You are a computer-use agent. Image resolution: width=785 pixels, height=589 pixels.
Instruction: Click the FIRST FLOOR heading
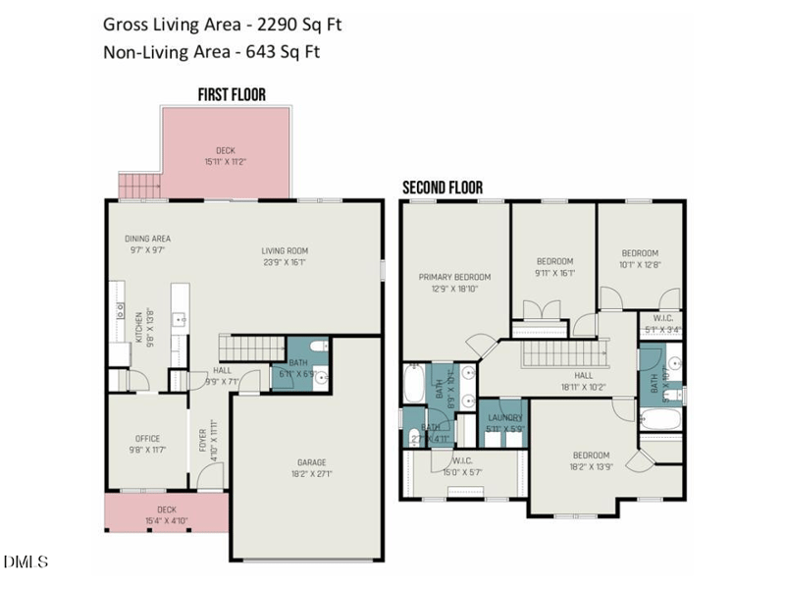(x=232, y=95)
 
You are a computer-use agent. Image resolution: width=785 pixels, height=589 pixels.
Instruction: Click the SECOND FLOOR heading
(x=443, y=187)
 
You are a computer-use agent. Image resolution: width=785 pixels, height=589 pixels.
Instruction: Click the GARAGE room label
(x=312, y=462)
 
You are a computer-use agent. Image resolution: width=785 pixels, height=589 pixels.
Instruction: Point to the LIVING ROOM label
(x=286, y=249)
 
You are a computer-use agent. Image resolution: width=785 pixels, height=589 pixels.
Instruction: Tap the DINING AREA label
(x=148, y=239)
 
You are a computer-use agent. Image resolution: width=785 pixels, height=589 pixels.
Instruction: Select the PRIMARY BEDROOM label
(x=454, y=277)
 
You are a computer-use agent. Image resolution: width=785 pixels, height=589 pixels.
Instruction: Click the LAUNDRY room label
(x=506, y=418)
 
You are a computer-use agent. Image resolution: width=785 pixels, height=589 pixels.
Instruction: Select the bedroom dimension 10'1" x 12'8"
(x=639, y=263)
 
